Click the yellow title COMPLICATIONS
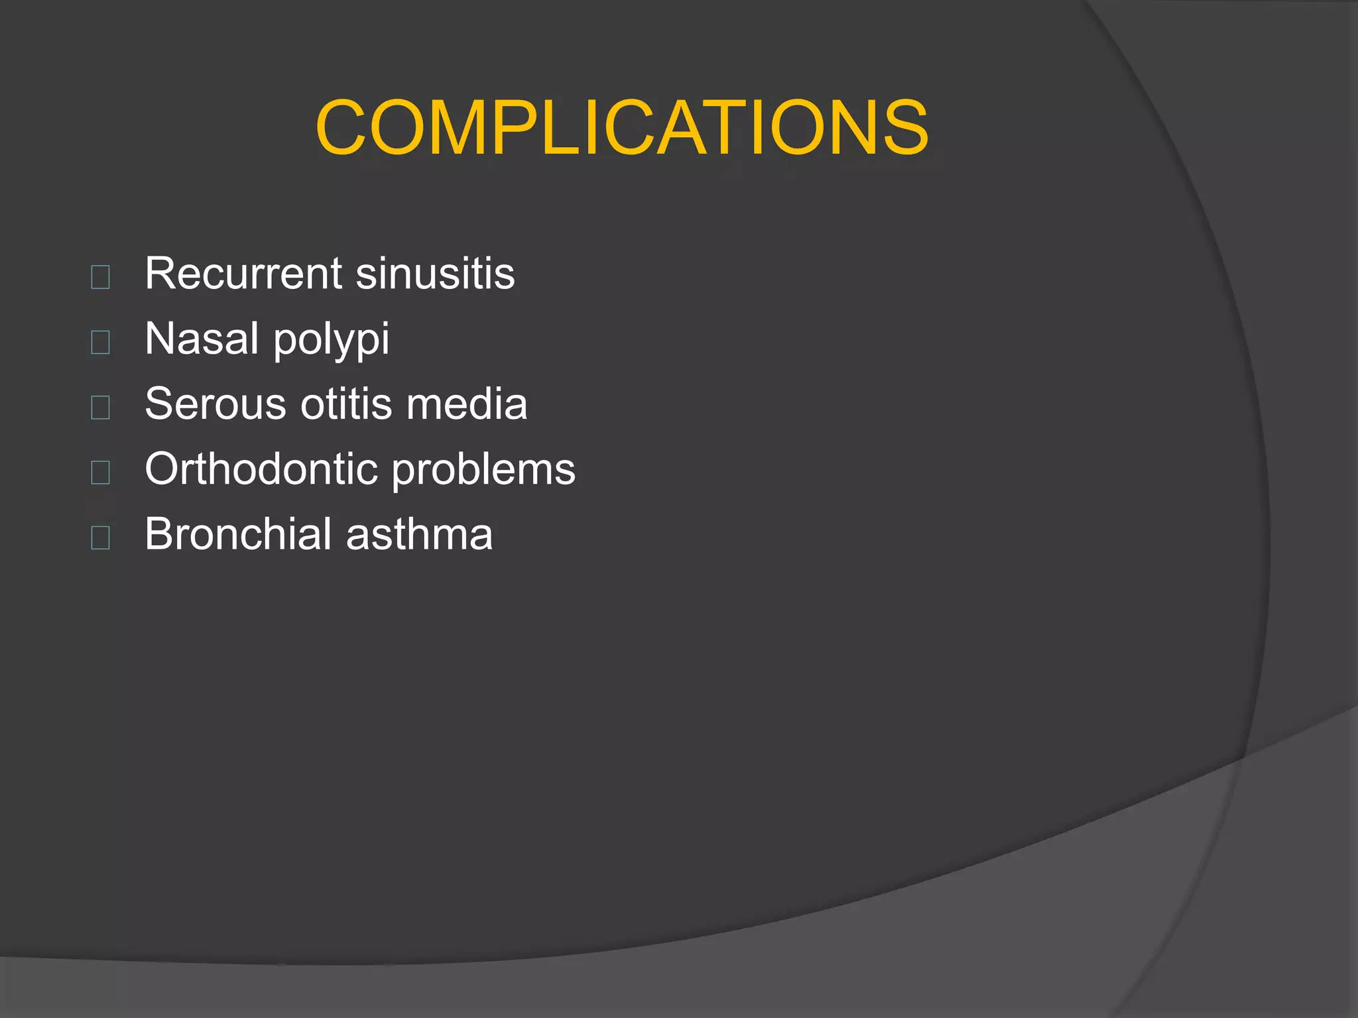point(621,127)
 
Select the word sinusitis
point(435,273)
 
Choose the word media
point(467,404)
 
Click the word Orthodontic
point(261,469)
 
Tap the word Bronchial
point(237,534)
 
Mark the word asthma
point(419,534)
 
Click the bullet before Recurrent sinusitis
point(100,276)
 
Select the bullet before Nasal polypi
point(100,342)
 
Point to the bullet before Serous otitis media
point(100,407)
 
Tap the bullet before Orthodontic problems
point(100,472)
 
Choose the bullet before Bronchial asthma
point(100,537)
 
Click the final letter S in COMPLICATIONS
point(902,127)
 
